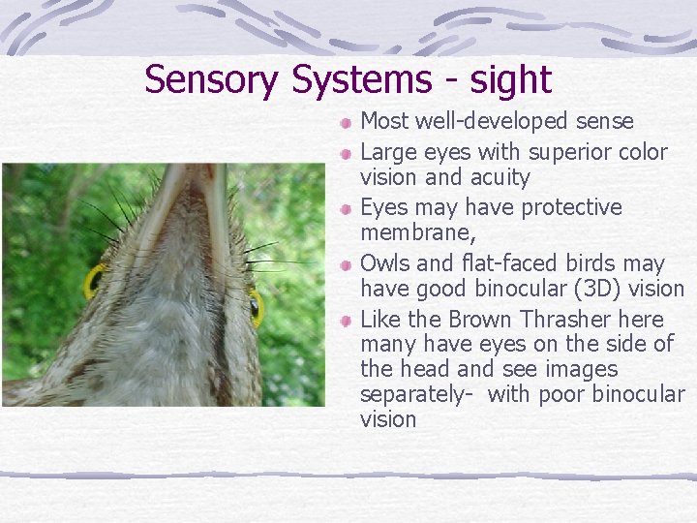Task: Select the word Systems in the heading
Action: [360, 79]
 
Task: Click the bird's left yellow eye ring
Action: [93, 282]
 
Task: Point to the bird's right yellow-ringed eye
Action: [256, 308]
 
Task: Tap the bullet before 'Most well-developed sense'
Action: [347, 123]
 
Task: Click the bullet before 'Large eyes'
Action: [347, 154]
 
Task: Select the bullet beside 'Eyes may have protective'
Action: [347, 209]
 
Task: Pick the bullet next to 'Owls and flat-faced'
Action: [347, 264]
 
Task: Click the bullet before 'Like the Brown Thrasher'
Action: [347, 321]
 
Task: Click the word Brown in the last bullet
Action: [483, 320]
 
